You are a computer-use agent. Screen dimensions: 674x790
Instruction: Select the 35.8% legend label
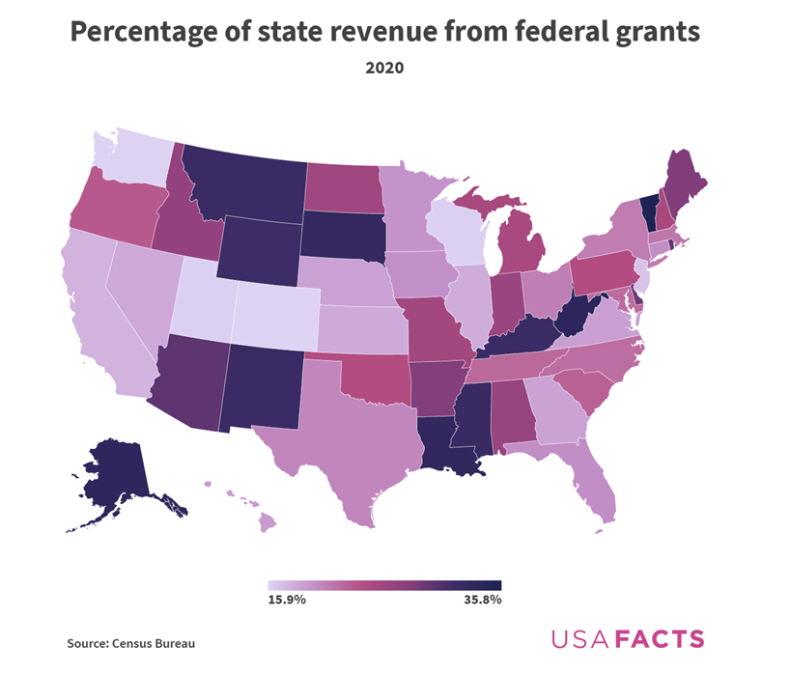click(x=482, y=601)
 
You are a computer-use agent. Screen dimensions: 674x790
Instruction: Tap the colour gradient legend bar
click(x=384, y=585)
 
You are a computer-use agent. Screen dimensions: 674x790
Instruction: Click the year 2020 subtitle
click(x=384, y=69)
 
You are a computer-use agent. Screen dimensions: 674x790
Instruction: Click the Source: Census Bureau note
click(x=124, y=643)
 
